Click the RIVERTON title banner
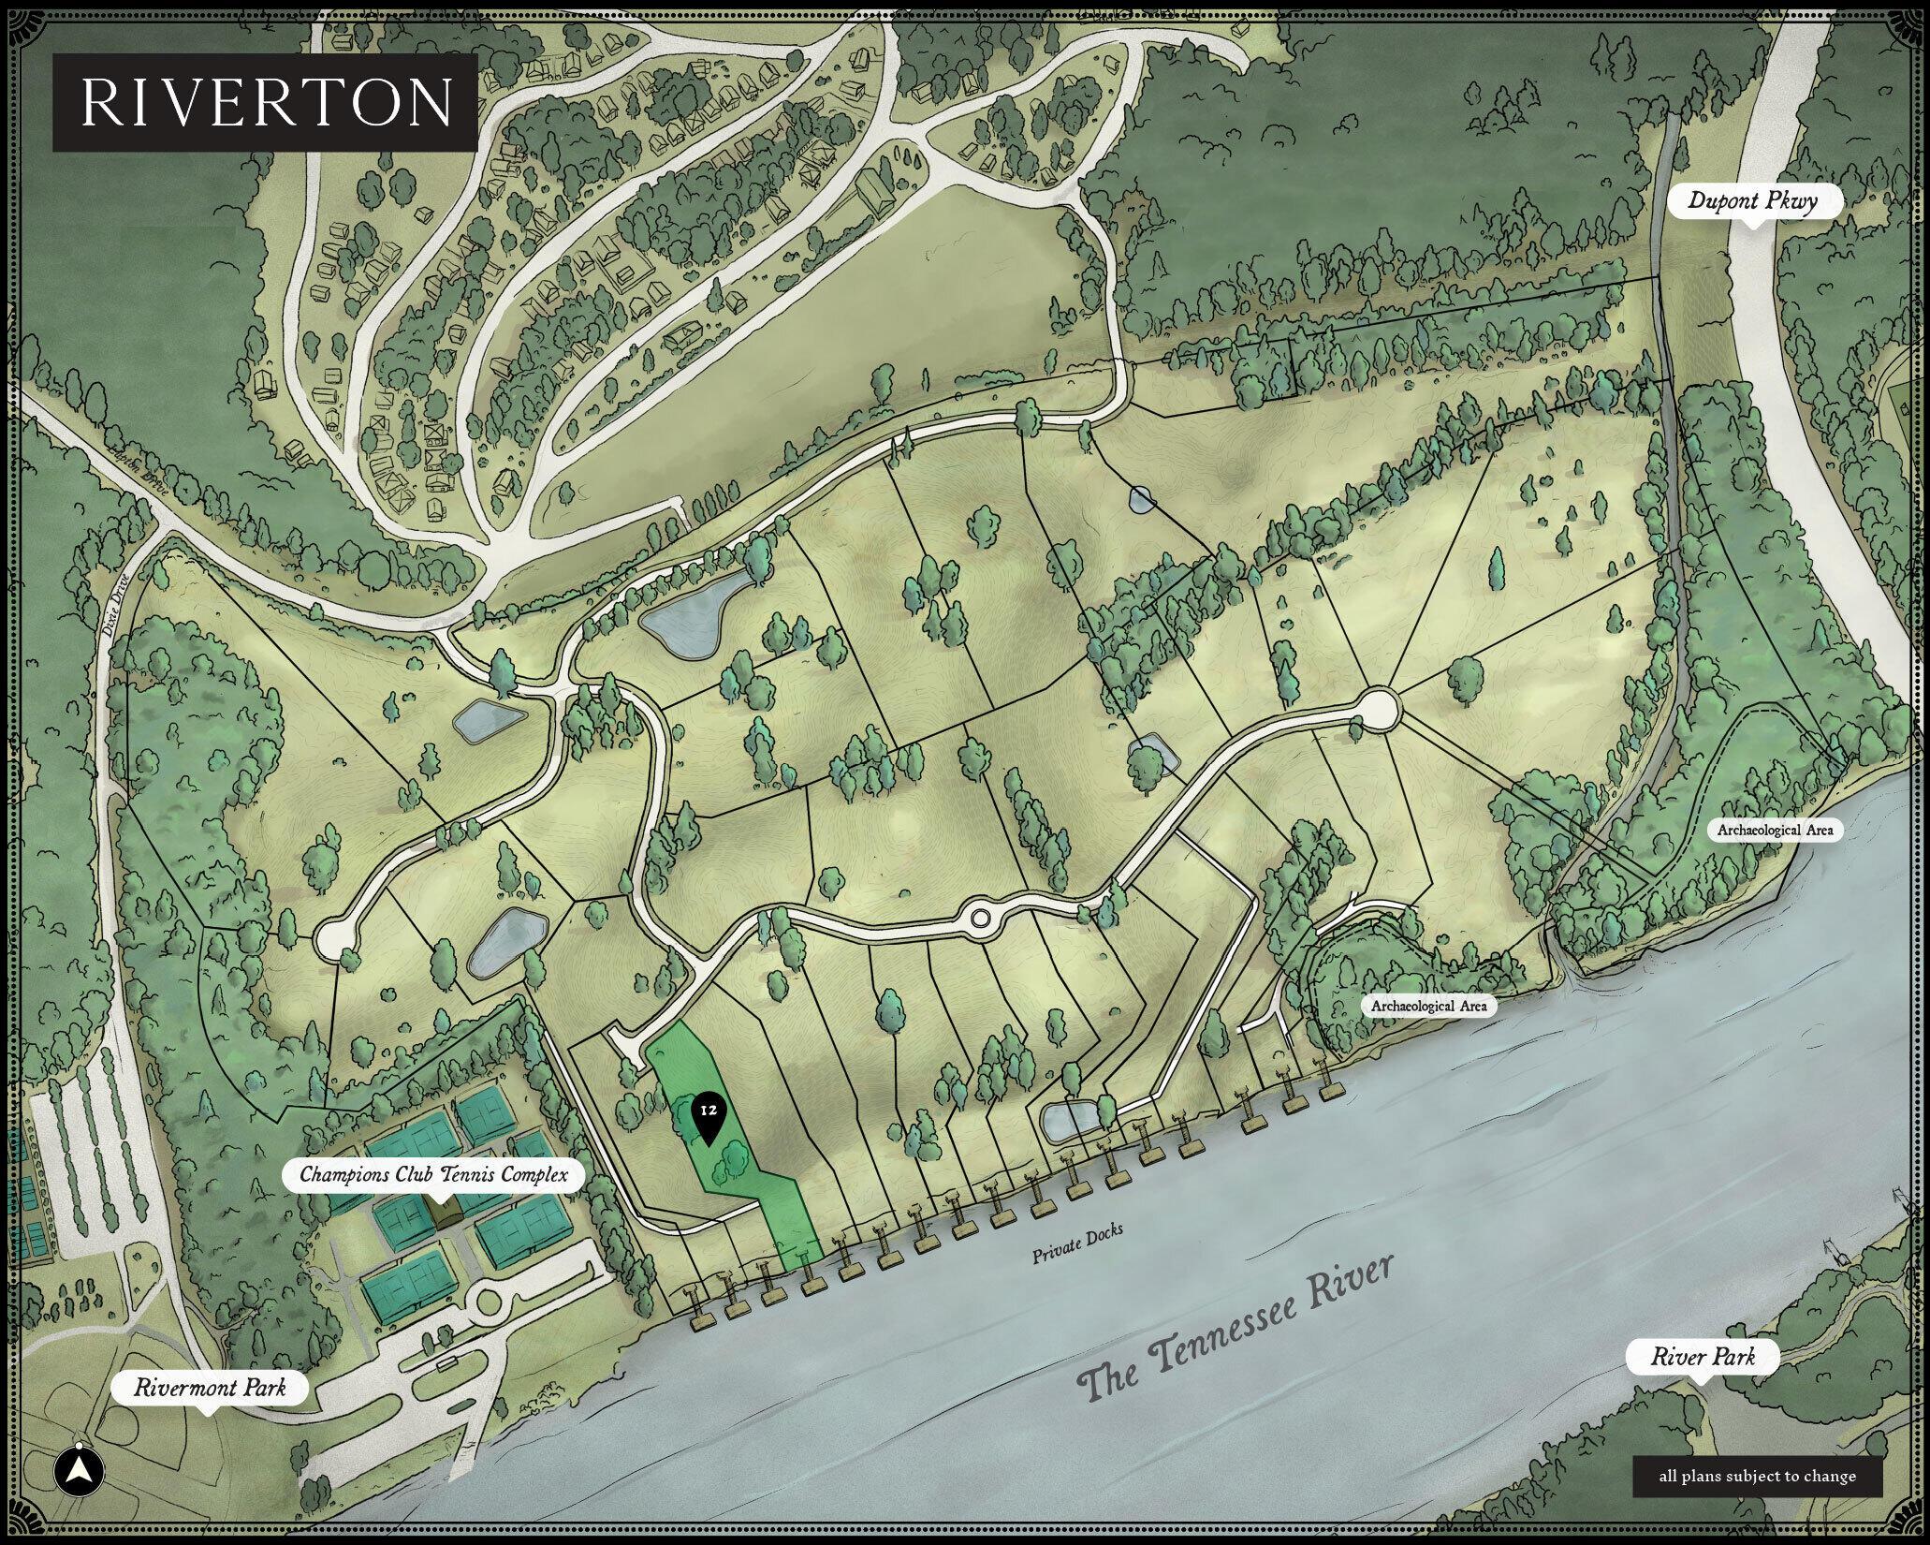[x=265, y=102]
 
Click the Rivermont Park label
[x=209, y=1387]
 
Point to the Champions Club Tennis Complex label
[x=433, y=1174]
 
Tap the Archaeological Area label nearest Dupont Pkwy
[x=1775, y=830]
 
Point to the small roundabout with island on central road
[x=980, y=918]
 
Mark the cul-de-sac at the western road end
[x=334, y=936]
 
